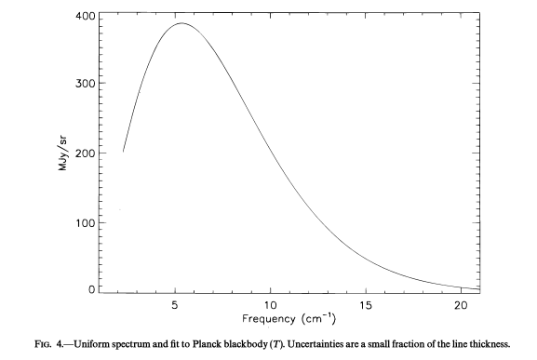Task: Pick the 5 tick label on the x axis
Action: pos(176,304)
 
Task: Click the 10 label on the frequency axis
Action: pos(270,304)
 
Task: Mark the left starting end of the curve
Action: pos(123,152)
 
